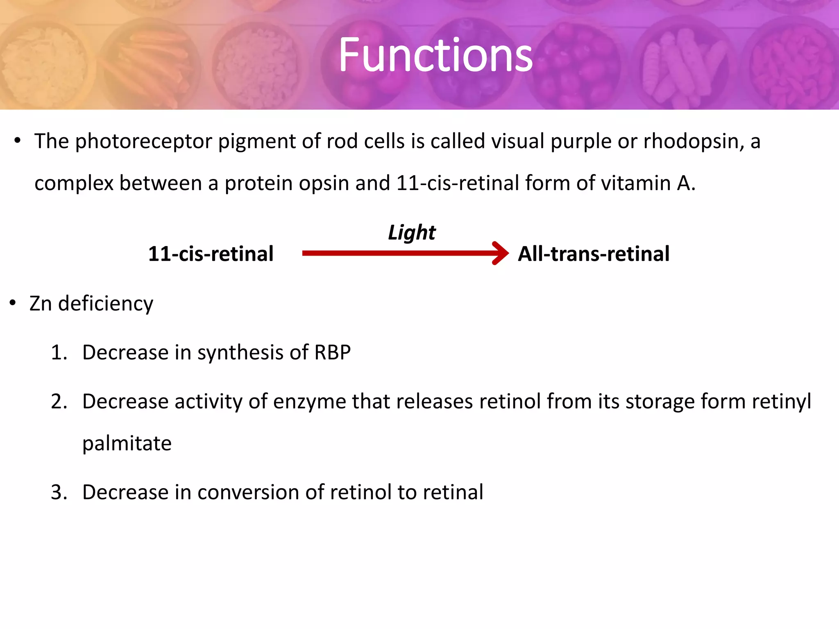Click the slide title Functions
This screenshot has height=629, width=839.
[435, 55]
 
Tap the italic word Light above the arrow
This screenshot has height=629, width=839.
[411, 233]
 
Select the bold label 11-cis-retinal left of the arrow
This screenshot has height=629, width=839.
[211, 254]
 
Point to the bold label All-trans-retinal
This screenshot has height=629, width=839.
[594, 254]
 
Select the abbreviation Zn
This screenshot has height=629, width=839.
[40, 303]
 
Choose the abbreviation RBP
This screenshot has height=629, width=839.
[332, 353]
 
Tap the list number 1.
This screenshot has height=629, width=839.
[59, 353]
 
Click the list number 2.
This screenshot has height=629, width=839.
[59, 401]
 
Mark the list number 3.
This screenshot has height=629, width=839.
[59, 492]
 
